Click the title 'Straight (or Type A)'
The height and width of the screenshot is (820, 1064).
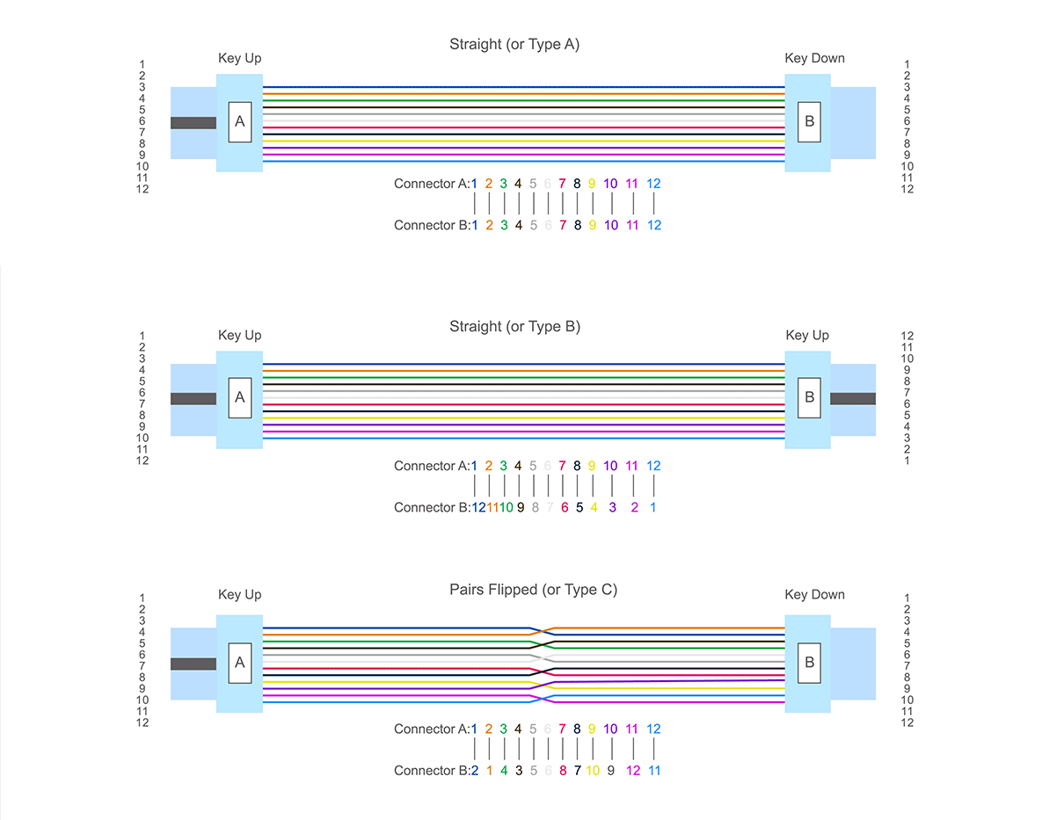(514, 44)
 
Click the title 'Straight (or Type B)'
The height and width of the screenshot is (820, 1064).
(514, 327)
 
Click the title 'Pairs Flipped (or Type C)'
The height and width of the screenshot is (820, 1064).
(533, 590)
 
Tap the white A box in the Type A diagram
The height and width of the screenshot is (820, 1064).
(239, 122)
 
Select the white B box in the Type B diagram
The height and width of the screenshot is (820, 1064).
(810, 398)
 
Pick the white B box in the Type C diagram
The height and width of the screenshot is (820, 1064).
(810, 663)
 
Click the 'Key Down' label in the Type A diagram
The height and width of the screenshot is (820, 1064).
(814, 59)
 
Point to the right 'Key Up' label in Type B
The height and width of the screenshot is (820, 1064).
(807, 336)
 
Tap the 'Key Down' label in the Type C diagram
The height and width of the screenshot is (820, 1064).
(814, 595)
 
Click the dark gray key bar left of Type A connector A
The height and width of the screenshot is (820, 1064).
(193, 123)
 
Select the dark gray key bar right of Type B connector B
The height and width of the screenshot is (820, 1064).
(853, 399)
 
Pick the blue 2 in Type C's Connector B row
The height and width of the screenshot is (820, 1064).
(475, 771)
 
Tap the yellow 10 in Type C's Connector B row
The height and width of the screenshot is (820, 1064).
(593, 771)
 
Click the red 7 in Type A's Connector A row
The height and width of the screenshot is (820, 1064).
(562, 184)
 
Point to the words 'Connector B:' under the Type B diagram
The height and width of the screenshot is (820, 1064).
(433, 507)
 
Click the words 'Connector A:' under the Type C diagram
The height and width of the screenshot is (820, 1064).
(433, 729)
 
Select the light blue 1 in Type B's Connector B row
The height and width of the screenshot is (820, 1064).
(652, 507)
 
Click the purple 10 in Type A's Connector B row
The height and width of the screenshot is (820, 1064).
(611, 225)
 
